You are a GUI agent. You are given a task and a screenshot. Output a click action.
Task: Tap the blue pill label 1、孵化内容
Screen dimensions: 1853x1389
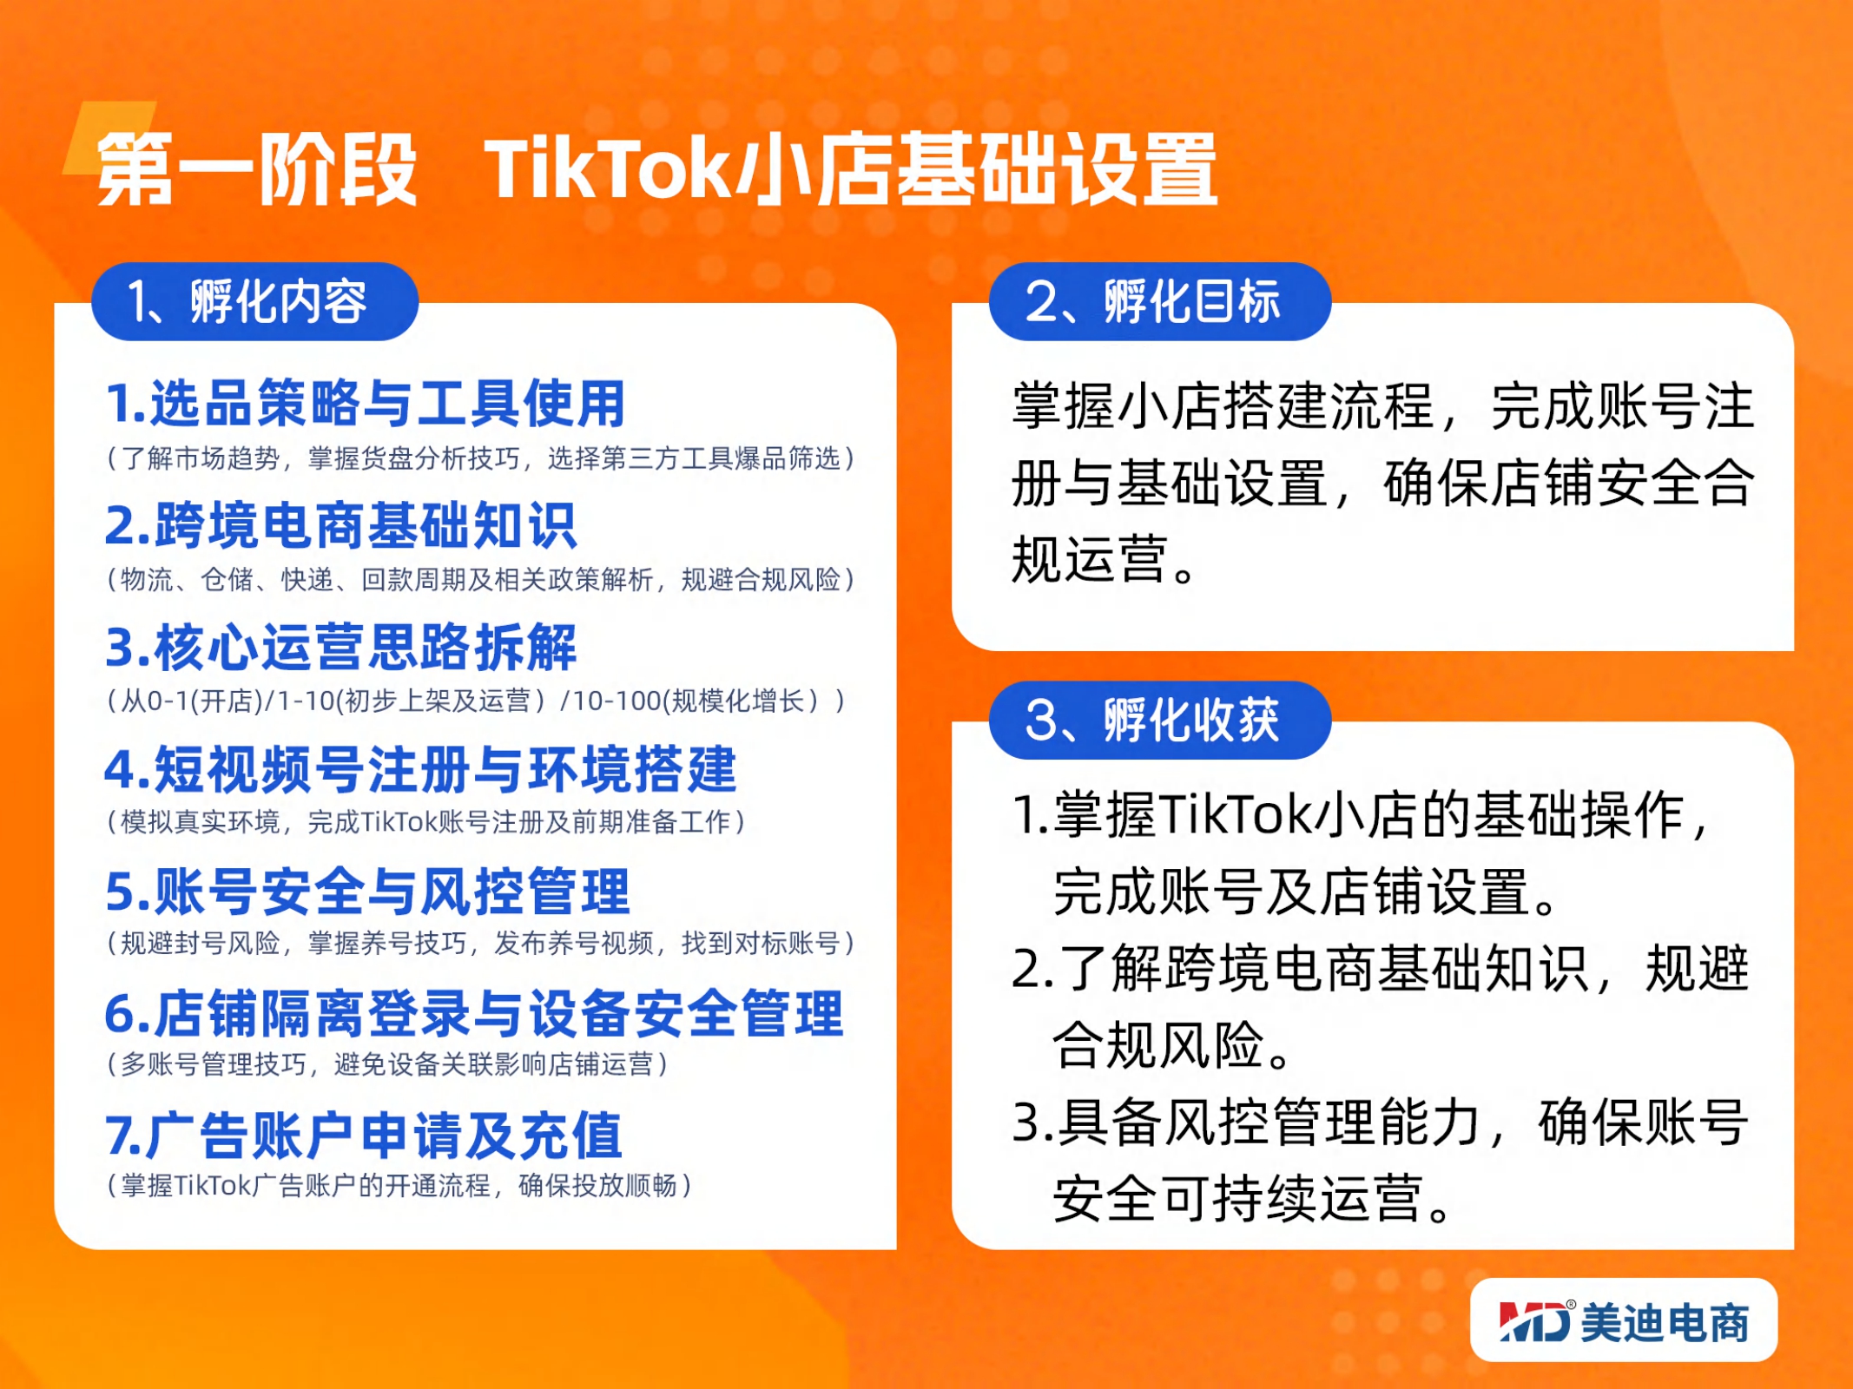[254, 301]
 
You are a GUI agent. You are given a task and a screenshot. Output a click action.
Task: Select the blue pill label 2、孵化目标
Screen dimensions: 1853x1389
[1159, 301]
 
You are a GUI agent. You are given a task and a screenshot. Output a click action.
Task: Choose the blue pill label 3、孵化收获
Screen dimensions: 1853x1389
[1159, 720]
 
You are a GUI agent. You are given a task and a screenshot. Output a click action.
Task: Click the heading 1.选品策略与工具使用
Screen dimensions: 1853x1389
[366, 404]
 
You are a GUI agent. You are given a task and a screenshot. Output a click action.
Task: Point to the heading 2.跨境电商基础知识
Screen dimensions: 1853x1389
[340, 525]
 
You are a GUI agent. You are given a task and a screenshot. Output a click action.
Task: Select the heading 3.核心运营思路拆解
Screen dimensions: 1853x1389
[340, 647]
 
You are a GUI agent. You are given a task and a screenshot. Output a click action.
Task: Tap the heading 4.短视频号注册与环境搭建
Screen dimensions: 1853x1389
[421, 769]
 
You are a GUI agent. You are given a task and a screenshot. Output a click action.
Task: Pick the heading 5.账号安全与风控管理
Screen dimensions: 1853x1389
[367, 891]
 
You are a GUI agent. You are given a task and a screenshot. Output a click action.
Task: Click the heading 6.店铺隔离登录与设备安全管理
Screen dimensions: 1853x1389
[474, 1013]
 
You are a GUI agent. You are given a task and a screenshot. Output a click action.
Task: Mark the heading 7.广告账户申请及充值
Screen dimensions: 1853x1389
[364, 1135]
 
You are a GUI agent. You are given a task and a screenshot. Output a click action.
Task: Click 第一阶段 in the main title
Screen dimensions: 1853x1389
[257, 168]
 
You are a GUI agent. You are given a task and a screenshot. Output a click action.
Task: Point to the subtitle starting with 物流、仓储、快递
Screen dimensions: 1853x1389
[481, 579]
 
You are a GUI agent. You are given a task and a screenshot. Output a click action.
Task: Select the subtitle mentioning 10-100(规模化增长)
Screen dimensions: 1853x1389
[476, 701]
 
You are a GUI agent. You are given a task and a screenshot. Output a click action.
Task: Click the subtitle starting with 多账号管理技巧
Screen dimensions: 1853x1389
[387, 1064]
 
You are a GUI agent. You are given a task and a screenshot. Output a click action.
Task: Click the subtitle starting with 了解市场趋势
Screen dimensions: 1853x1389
[481, 458]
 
